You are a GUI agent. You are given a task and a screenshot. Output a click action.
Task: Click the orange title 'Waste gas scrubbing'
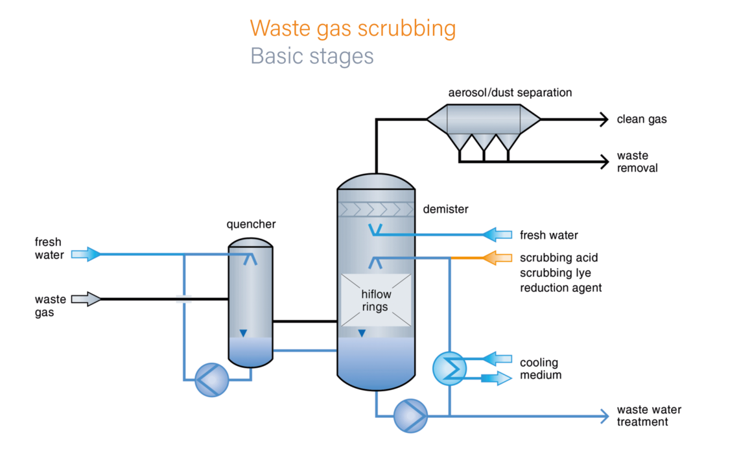tap(353, 29)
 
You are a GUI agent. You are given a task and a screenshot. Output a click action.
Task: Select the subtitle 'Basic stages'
tap(312, 56)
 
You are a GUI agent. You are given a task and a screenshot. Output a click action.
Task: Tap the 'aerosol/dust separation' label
tap(510, 93)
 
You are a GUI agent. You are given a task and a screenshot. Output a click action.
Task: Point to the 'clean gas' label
tap(641, 119)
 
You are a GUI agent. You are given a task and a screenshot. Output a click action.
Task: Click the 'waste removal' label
tap(637, 162)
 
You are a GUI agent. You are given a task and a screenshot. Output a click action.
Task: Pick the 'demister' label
tap(445, 210)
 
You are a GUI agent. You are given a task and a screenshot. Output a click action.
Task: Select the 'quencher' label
tap(251, 225)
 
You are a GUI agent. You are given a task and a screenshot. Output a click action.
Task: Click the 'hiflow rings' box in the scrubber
tap(376, 300)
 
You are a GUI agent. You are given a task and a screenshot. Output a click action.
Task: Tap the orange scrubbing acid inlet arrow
tap(497, 258)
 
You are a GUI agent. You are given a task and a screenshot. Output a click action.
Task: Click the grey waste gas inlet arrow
tap(86, 299)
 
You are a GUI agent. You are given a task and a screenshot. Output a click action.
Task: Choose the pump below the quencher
tap(212, 380)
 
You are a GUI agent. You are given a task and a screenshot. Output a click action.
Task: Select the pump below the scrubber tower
tap(410, 415)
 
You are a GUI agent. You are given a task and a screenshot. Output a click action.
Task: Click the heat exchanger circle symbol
tap(449, 369)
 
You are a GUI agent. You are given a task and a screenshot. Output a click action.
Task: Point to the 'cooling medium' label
tap(539, 369)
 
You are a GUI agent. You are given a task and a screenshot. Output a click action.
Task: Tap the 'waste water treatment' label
tap(648, 416)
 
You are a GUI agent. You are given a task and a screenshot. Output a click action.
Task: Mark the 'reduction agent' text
tap(561, 287)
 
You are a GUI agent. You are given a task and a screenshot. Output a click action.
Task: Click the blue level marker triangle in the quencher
tap(243, 334)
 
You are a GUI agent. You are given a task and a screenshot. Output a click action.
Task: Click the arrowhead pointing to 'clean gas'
tap(603, 119)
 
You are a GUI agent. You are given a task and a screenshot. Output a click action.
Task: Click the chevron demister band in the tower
tap(376, 209)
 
